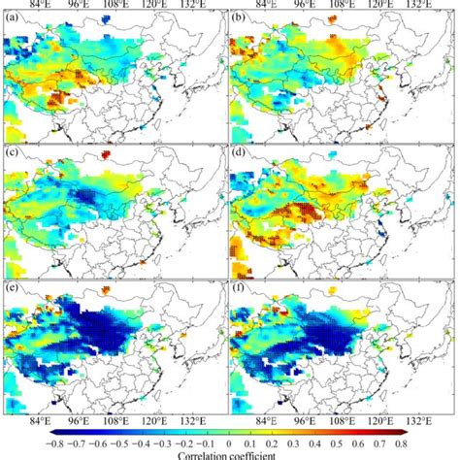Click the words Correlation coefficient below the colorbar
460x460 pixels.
pyautogui.click(x=230, y=453)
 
